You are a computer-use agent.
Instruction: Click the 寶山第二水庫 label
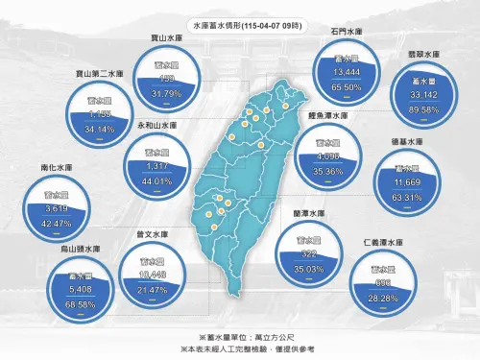[x=100, y=73]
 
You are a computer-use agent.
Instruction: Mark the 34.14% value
[x=99, y=128]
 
